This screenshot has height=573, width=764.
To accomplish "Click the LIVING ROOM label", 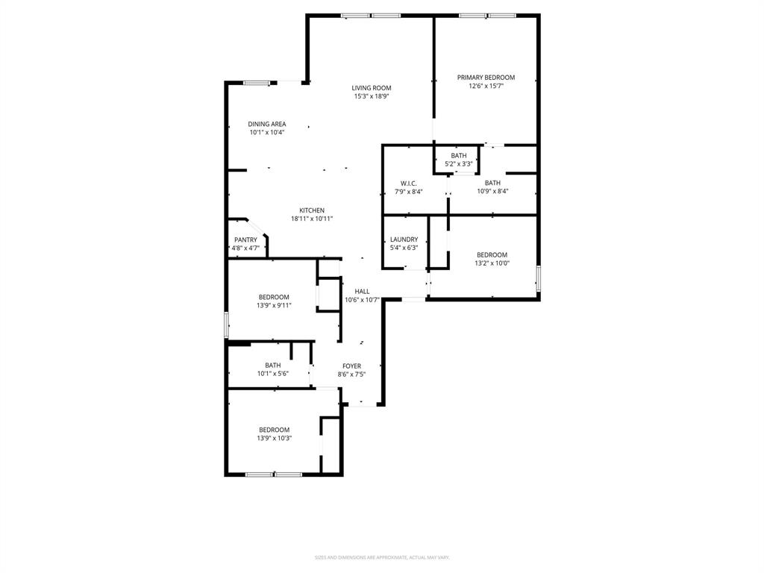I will point(372,88).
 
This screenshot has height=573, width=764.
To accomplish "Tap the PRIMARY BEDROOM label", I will point(486,78).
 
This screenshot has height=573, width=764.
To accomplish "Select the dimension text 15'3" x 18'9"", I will point(372,96).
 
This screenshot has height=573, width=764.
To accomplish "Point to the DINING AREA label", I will point(267,125).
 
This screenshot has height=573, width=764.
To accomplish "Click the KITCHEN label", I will point(312,210).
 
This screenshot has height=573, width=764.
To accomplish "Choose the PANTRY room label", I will point(245,240).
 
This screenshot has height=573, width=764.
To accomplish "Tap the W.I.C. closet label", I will point(408,184).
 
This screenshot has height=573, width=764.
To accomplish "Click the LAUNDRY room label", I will point(404,240).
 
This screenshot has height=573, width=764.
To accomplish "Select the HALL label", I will point(362,292).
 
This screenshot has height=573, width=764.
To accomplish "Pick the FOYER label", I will point(351,366).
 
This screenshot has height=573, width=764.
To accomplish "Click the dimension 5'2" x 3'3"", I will point(459,163).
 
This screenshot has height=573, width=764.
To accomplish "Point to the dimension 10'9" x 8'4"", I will point(492,191).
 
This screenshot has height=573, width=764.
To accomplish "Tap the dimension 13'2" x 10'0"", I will point(492,263).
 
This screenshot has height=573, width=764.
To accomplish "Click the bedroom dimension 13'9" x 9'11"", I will point(274,305).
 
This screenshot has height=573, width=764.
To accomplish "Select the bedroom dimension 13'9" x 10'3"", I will point(274,438).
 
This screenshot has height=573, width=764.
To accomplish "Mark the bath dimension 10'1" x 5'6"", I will point(272,373).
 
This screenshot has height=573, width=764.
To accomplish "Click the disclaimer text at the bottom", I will point(382,557).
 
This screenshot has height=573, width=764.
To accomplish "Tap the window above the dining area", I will point(256,83).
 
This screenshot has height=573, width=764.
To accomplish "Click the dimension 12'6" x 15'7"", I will point(486,86).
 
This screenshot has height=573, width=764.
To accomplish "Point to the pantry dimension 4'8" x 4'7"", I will point(245,248).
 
